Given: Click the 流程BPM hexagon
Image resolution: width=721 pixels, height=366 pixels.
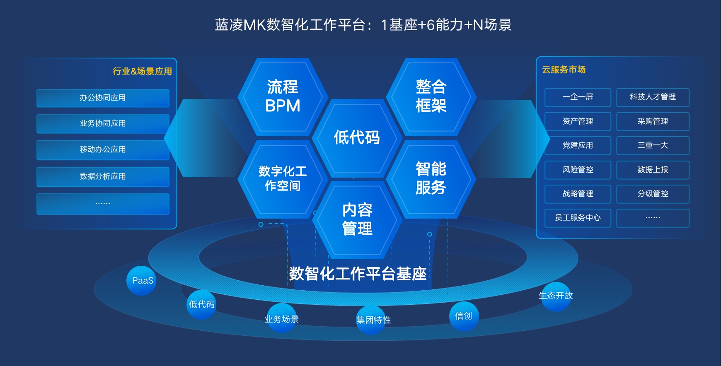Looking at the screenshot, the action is (283, 97).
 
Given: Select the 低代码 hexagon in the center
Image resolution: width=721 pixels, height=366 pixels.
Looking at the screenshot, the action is (357, 138).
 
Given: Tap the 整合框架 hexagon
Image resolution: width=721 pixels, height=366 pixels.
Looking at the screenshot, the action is (431, 97).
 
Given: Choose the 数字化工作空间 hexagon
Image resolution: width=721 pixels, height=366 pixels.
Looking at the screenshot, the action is (283, 179).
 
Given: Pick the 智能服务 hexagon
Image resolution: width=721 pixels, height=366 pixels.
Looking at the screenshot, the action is (431, 179).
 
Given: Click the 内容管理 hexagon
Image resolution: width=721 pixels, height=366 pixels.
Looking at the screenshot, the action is (357, 220).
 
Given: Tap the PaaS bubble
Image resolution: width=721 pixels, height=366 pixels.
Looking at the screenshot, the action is (141, 281).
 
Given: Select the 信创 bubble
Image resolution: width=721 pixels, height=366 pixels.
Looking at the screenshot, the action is (464, 316).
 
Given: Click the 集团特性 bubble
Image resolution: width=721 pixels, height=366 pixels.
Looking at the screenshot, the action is (371, 320).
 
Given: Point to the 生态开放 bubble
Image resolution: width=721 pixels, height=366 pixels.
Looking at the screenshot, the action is (556, 296).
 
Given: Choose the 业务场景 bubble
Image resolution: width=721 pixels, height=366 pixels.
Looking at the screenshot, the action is (282, 318).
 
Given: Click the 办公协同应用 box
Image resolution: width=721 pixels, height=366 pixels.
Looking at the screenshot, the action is (103, 98).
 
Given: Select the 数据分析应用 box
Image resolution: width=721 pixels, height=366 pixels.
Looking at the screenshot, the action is (103, 177).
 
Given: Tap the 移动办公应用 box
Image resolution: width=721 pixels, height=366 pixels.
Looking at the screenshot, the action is (103, 150).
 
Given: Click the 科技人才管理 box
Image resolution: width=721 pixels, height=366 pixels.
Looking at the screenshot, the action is (653, 97).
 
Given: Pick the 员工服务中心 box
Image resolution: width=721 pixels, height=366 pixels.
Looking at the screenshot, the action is (578, 218).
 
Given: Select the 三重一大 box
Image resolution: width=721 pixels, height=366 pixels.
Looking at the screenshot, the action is (653, 146).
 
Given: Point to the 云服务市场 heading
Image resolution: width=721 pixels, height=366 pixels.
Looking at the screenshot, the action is (564, 70).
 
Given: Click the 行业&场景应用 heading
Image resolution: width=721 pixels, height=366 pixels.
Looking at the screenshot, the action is (143, 71).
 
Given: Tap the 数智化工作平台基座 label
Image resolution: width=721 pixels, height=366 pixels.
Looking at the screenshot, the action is (358, 274).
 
